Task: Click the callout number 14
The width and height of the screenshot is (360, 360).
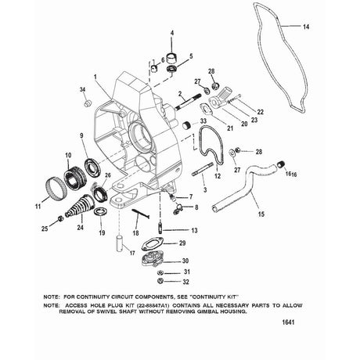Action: coord(306,27)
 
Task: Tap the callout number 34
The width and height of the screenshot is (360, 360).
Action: coord(82,90)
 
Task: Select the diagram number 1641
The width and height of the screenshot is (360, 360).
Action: coord(288,322)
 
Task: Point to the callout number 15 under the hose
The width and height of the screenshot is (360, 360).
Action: coord(261,214)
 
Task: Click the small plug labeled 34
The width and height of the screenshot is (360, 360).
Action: coord(88,103)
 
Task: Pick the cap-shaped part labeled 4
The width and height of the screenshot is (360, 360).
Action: coord(171,58)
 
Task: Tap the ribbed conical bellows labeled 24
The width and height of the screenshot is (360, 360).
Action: coord(78,205)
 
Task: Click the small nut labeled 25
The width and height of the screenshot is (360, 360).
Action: coord(60,218)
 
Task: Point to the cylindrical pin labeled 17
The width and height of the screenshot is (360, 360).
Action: coord(121,243)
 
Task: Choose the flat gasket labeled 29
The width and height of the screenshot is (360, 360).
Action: coord(152,243)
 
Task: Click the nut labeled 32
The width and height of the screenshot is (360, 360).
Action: coord(160,281)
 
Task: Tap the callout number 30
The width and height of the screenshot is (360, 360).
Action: coord(185,261)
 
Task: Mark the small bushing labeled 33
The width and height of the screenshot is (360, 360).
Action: coord(189,126)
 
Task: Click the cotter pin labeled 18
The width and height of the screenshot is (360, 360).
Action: coord(141,213)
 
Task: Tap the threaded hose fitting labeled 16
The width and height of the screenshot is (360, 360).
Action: coord(281,165)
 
